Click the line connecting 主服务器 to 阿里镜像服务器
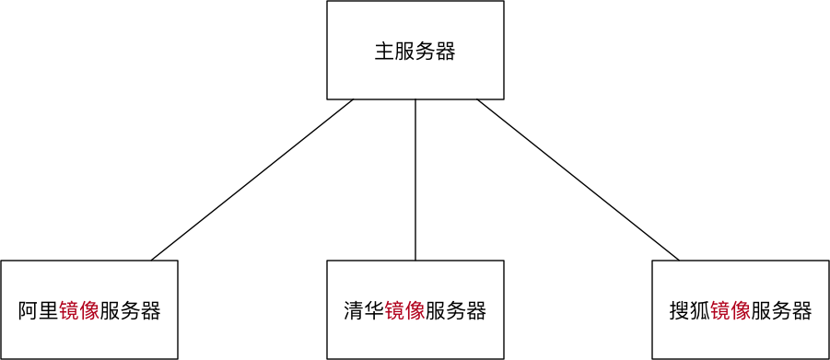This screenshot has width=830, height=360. (x=252, y=180)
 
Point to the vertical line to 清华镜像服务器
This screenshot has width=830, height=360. (x=415, y=180)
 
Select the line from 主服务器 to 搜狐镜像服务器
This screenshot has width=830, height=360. (x=578, y=180)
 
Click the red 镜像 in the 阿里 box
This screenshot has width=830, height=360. (x=79, y=311)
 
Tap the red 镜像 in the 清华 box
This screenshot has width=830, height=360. (x=404, y=311)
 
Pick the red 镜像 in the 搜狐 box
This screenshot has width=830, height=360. (x=731, y=311)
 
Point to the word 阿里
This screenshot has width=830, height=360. (x=39, y=311)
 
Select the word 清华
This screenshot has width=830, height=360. (x=364, y=311)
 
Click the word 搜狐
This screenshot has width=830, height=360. (x=690, y=311)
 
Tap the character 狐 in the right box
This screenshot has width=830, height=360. (x=700, y=311)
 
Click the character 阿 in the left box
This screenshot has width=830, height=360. (x=29, y=311)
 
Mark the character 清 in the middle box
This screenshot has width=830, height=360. (x=354, y=311)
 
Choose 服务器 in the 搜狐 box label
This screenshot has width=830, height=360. (x=781, y=311)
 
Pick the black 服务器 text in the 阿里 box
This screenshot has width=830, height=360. (x=130, y=311)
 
